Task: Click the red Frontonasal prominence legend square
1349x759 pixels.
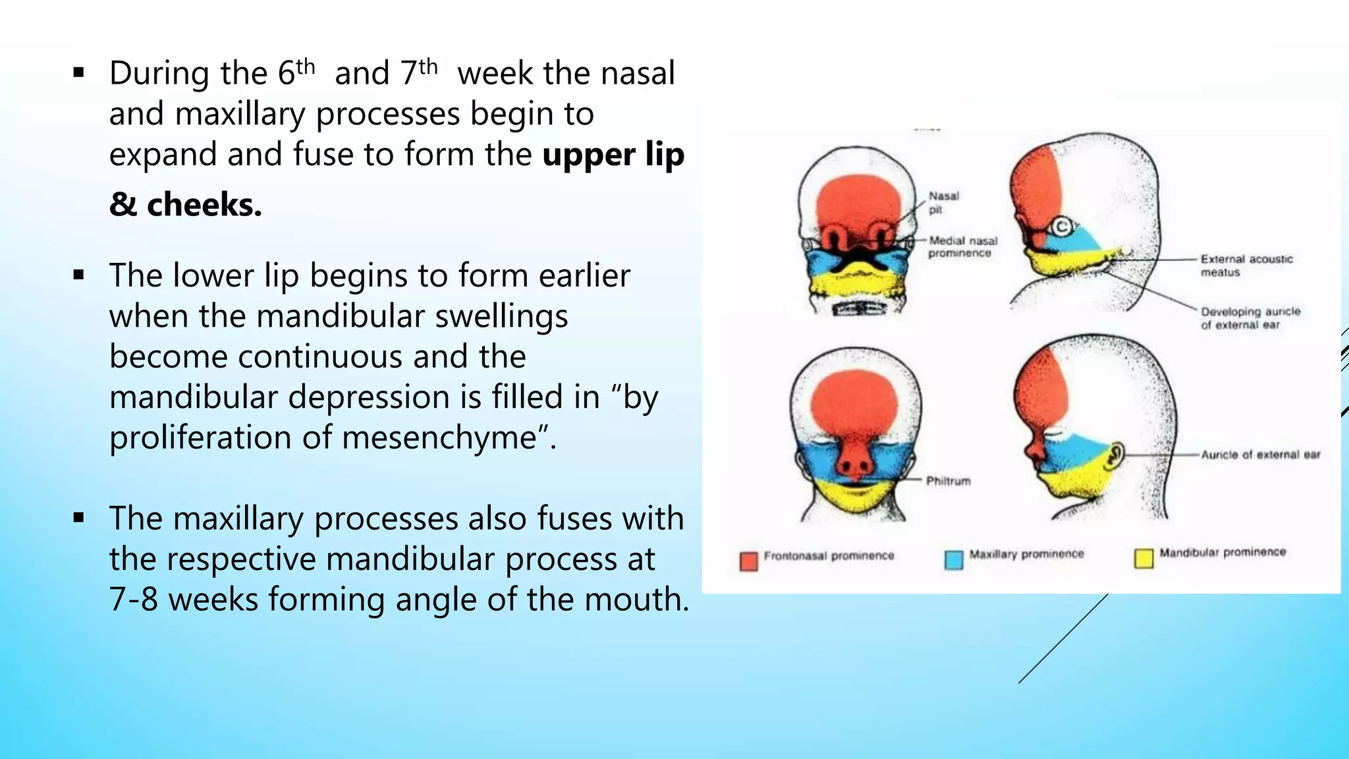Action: [748, 561]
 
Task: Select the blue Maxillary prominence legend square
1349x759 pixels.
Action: [953, 559]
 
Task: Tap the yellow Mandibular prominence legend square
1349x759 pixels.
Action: [1143, 558]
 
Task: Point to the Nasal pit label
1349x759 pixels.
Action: [943, 202]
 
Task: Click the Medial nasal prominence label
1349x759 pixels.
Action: [962, 246]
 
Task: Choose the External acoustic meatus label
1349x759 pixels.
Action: [1246, 266]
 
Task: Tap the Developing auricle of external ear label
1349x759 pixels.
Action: [1250, 318]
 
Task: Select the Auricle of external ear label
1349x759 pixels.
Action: [1260, 455]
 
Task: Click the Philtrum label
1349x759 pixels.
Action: [948, 481]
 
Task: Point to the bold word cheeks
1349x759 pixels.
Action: [204, 205]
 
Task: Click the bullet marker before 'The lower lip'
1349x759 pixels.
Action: [79, 275]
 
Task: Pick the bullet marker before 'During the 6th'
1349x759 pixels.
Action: [79, 73]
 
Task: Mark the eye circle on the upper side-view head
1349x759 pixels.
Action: [1060, 227]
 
